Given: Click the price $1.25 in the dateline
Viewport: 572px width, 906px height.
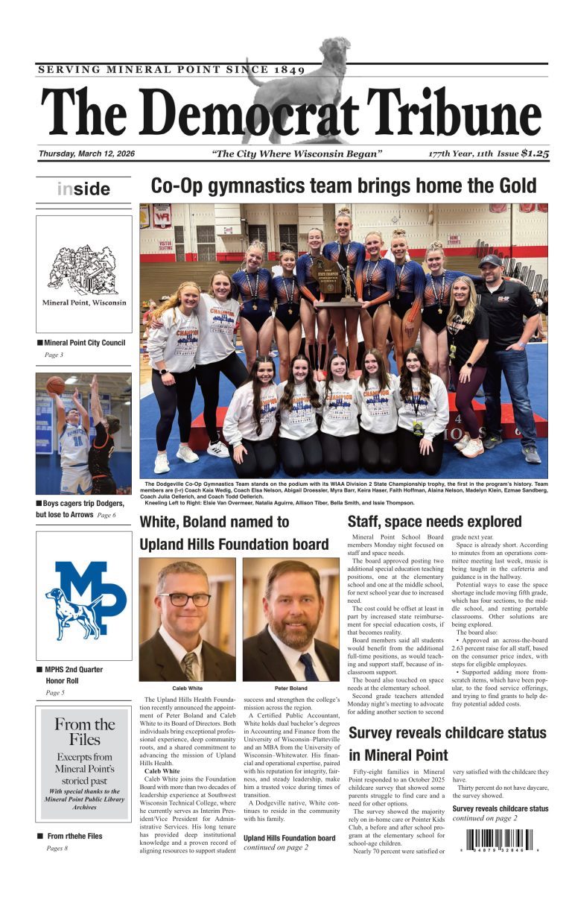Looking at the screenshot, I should coord(535,153).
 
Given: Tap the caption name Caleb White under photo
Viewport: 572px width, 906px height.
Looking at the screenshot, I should coord(187,688).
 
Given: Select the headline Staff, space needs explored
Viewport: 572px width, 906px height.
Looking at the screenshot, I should coord(434,522).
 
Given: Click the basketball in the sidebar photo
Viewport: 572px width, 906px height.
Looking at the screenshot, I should coord(55,384).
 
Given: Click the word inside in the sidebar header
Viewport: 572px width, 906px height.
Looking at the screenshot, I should coord(83,189).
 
